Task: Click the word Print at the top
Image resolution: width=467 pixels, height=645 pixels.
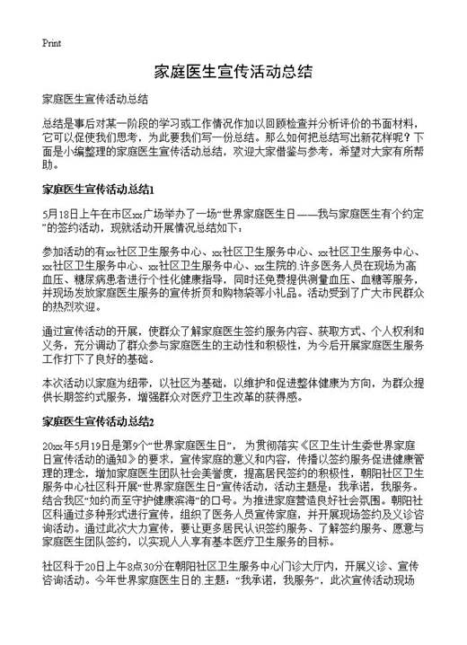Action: coord(51,42)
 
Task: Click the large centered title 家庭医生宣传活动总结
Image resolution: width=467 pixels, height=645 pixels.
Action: coord(233,71)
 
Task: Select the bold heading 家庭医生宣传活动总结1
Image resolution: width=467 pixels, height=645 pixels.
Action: coord(100,190)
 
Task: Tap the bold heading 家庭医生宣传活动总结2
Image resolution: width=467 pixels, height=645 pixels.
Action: coord(100,420)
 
